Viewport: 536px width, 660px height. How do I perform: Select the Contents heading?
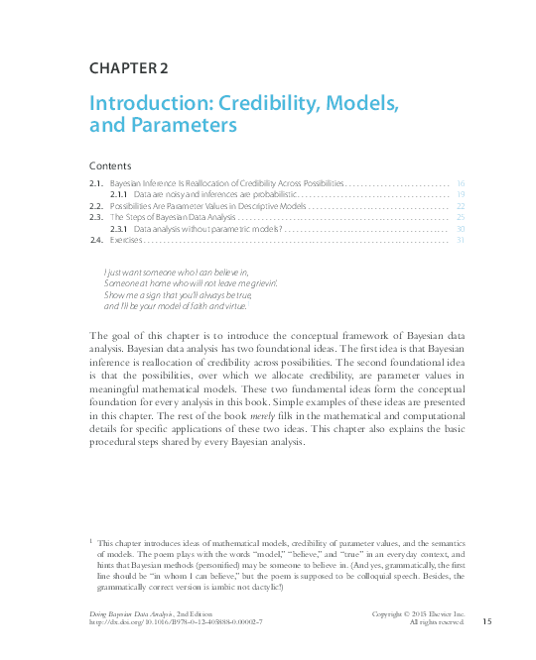click(x=110, y=165)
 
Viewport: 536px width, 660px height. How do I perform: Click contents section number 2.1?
click(x=96, y=184)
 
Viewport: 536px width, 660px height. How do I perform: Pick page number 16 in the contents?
click(x=461, y=184)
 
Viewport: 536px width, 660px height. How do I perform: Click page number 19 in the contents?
click(x=461, y=195)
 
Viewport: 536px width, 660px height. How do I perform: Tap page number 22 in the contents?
click(x=461, y=206)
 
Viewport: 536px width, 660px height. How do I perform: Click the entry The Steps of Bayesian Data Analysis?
click(x=172, y=217)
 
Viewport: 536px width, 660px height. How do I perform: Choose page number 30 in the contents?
click(x=461, y=228)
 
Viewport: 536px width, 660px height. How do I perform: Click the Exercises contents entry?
click(x=126, y=239)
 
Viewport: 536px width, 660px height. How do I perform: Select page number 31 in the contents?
click(x=461, y=239)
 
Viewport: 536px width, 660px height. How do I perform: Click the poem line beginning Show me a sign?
click(x=178, y=295)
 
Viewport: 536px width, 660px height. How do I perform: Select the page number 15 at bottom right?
click(x=486, y=621)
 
